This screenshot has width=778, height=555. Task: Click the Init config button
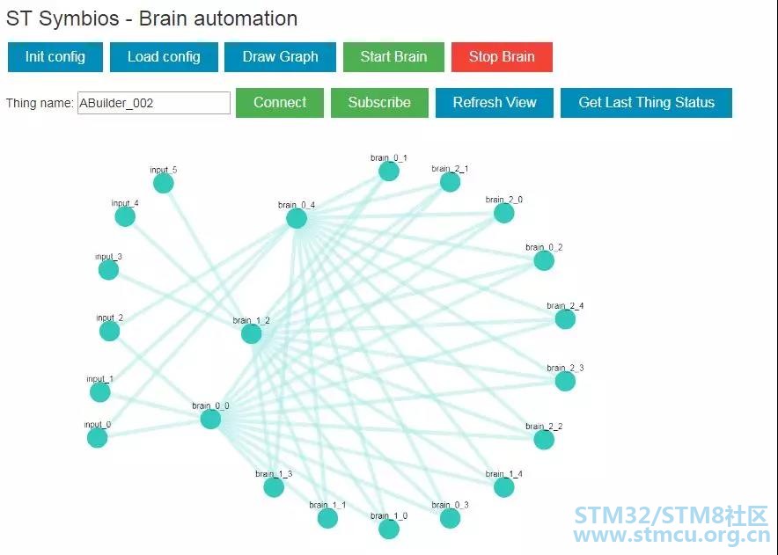coord(55,57)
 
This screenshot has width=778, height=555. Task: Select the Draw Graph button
coord(280,57)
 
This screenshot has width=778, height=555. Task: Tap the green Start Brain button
coord(393,57)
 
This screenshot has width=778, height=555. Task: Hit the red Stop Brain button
coord(502,57)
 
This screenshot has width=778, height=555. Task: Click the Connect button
coord(280,103)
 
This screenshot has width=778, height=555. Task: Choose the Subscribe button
coord(379,103)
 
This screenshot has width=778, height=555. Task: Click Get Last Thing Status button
coord(646,103)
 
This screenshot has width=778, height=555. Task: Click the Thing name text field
coord(154,103)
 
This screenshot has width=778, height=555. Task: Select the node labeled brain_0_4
coord(297,218)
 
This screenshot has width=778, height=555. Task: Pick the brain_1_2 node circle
coord(252,333)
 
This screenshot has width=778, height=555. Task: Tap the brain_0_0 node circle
coord(210,419)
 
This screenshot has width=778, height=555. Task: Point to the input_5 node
coord(164,183)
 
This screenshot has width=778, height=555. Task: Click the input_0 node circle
coord(98,437)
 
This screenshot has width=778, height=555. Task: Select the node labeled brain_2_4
coord(565,319)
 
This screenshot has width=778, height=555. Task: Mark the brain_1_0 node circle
coord(389,529)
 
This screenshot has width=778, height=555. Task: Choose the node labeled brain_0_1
coord(389,171)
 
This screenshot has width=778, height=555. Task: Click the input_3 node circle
coord(108,270)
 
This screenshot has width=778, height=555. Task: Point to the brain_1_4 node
coord(504,486)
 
